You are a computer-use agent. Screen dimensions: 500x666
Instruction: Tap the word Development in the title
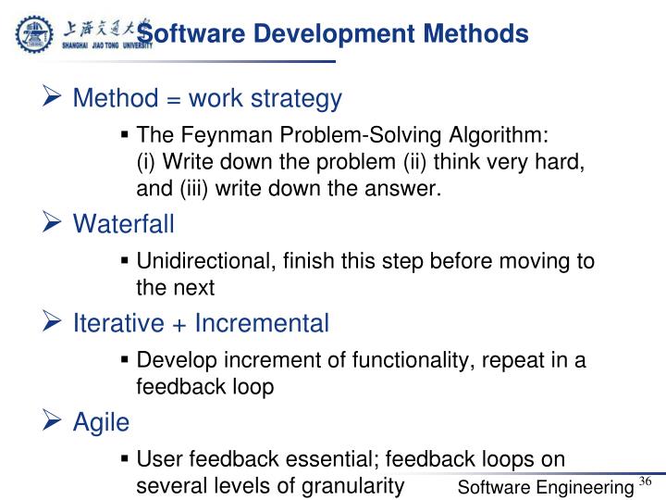pos(330,34)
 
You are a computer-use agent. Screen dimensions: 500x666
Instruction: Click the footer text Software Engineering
pos(546,487)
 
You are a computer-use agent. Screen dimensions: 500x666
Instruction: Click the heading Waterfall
pos(123,224)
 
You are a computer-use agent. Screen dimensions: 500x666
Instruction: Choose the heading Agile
pos(101,422)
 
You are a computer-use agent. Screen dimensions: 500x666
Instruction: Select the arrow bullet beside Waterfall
pos(52,223)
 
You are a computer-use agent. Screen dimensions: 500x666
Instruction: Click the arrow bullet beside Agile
pos(52,421)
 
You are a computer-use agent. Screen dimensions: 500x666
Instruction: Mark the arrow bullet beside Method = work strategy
pos(52,97)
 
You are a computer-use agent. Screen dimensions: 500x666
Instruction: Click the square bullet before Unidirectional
pos(124,261)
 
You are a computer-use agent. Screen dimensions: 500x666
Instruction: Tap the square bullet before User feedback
pos(124,459)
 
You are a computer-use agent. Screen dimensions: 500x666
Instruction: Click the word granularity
pos(355,484)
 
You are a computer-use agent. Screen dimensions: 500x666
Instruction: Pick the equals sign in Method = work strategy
pos(171,98)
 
